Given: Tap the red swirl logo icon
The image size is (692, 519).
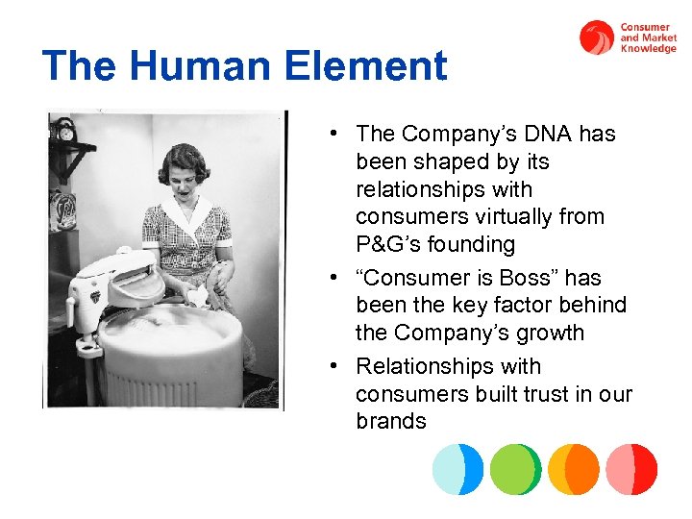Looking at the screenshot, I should coord(597,37).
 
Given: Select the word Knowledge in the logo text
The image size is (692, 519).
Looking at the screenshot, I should coord(649,48).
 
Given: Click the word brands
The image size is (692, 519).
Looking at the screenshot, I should coord(390,421).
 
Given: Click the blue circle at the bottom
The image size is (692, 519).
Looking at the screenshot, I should coord(457,469).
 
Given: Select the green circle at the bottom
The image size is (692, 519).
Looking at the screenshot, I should coord(516,469).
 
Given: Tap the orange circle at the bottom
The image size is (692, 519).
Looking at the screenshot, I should coord(574,469).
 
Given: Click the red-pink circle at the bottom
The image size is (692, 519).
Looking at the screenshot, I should coord(631,469).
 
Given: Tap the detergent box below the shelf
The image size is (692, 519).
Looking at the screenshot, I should coord(63,207).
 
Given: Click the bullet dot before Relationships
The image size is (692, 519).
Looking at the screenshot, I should coord(330,367).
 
